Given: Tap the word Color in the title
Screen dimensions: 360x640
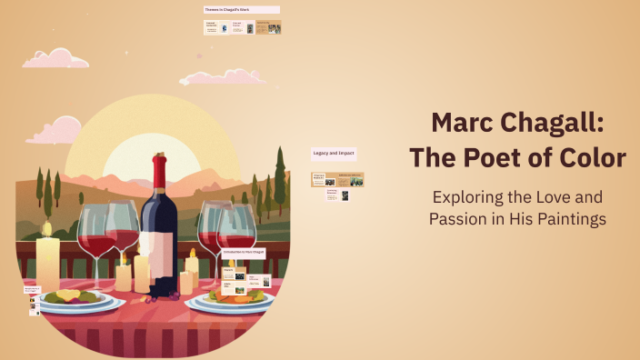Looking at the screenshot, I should (591, 158).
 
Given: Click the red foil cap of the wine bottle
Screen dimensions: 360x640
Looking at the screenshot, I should (161, 167).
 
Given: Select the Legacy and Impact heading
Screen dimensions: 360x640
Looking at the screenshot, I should (334, 154).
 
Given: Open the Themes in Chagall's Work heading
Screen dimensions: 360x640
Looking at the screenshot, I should (241, 10).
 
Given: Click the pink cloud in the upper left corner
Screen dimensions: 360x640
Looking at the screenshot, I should (57, 58).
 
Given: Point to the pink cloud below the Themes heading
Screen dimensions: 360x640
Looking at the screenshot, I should (209, 76).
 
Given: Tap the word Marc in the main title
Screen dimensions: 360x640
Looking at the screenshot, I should (465, 122).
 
